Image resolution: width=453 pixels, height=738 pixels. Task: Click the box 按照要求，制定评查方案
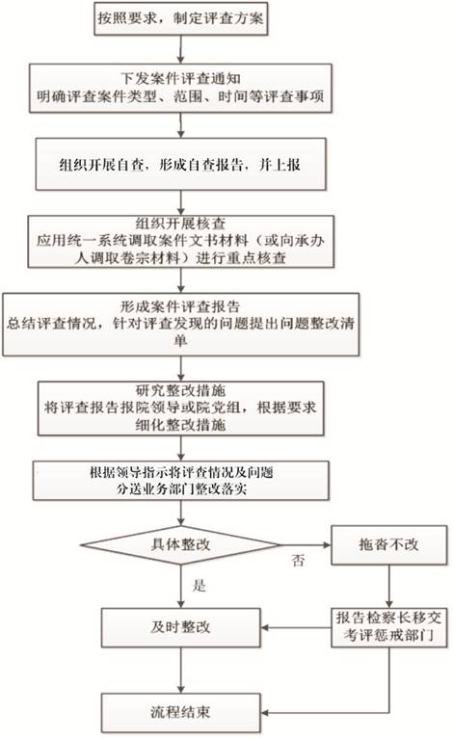coord(181,18)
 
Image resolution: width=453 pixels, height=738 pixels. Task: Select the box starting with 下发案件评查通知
coord(181,88)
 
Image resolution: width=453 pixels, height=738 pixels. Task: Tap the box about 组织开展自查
coord(181,164)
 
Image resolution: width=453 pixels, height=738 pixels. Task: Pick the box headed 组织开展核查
coord(181,242)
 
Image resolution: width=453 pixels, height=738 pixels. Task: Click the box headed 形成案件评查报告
coord(181,325)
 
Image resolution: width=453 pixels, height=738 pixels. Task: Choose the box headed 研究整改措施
coord(181,409)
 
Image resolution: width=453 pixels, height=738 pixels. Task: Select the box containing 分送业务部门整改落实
coord(181,481)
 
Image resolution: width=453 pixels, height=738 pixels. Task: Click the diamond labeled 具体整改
coord(181,545)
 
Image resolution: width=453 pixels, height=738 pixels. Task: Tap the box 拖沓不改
coord(389,545)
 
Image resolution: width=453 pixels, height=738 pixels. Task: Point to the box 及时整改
coord(181,627)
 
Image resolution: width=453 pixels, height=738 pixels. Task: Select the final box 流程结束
coord(181,713)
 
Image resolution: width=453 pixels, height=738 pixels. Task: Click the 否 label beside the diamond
coord(299,561)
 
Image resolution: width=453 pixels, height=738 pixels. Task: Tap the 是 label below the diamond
coord(200,586)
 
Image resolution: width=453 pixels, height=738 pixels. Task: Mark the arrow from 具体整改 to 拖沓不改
coord(306,545)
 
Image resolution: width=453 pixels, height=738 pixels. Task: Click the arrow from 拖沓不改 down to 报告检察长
coord(389,586)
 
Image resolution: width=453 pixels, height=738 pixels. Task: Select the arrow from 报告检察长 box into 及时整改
coord(296,627)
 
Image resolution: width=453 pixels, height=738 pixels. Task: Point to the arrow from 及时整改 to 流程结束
coord(181,671)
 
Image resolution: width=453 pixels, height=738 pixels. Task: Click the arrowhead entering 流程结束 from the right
coord(265,713)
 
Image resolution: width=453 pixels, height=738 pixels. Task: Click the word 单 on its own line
coord(181,340)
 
